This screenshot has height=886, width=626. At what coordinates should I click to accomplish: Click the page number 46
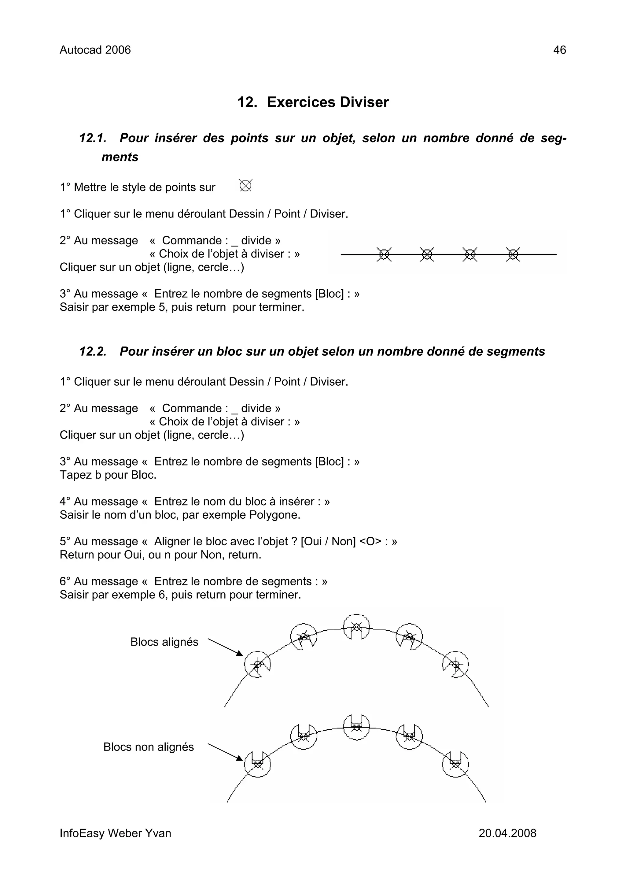point(559,50)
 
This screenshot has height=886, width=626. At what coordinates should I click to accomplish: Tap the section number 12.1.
point(93,138)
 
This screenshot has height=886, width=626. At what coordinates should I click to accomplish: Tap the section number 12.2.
point(93,351)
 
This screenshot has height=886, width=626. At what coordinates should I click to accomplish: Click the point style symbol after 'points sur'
point(246,186)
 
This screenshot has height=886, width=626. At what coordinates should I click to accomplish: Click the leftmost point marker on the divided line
point(384,254)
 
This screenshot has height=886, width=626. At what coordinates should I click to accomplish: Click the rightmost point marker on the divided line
point(513,254)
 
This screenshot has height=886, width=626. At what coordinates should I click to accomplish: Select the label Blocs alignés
point(164,642)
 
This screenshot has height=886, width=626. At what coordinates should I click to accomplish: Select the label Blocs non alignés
point(149,747)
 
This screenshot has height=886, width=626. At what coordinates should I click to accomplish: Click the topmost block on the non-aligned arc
point(356,727)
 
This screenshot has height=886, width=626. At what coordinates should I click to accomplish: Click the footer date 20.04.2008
point(507,833)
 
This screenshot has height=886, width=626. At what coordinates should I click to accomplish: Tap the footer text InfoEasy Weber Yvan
point(115,833)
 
